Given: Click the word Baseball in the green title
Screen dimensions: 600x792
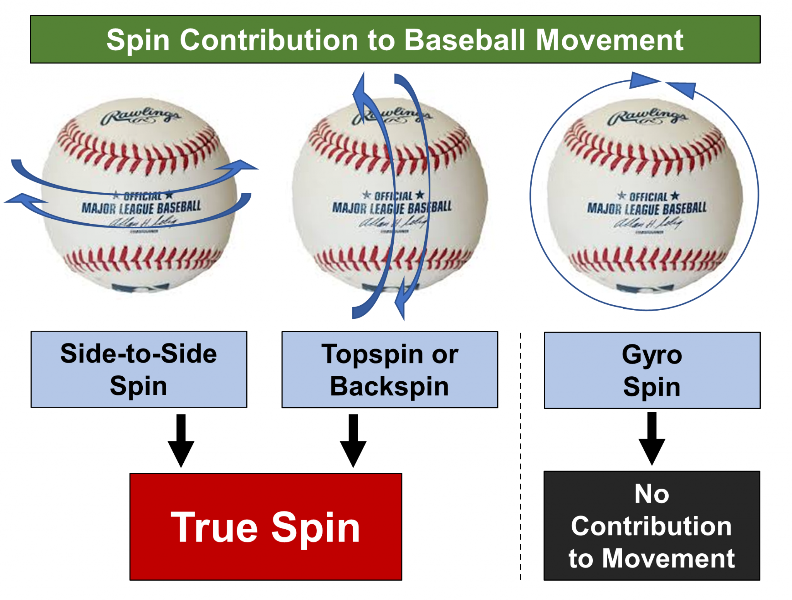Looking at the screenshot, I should point(464,40).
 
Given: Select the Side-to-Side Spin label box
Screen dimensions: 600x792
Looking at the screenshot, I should point(139,369).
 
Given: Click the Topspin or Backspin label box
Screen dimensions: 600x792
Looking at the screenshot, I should point(389,369).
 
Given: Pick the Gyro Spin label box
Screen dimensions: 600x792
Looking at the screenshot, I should point(652,370).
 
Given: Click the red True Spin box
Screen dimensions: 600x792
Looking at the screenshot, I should point(266,526).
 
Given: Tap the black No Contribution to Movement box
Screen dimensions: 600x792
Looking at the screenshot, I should point(652,525).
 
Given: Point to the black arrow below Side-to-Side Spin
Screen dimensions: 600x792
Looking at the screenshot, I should point(181,440).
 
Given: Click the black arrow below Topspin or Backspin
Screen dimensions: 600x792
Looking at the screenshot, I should point(353,440).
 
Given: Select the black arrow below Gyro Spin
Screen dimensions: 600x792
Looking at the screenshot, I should point(652,439).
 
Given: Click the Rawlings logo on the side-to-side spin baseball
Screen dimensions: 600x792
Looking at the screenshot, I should point(140,116).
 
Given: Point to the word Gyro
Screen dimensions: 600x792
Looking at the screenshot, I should point(652,355).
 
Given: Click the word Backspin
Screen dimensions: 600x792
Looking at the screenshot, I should point(389,386).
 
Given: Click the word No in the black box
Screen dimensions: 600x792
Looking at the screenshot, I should point(652,494).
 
